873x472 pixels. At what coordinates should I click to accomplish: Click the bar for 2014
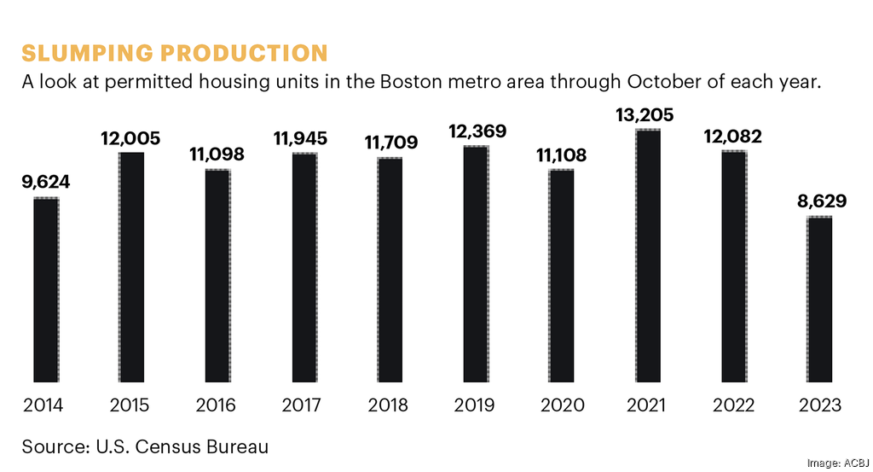46,290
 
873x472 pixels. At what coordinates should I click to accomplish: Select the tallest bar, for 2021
648,256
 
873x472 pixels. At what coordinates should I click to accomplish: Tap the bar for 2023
819,300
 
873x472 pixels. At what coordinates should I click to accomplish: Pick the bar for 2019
476,265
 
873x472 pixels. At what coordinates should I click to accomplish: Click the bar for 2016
217,276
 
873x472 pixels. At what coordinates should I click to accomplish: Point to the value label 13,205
648,114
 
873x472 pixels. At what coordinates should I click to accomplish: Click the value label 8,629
819,202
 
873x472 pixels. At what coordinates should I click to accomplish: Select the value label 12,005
131,137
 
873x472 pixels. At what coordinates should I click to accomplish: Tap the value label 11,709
390,143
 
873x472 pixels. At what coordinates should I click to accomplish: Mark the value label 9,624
46,182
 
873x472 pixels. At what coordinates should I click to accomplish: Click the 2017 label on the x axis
304,405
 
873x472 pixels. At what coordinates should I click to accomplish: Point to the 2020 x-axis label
562,405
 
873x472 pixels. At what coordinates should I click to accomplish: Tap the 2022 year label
733,405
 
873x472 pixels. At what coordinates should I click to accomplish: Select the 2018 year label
390,405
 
